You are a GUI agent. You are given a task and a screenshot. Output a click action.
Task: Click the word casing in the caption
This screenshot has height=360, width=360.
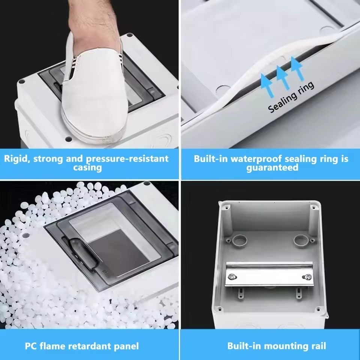click(x=87, y=167)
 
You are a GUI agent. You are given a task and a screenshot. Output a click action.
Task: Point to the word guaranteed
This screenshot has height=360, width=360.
click(x=272, y=167)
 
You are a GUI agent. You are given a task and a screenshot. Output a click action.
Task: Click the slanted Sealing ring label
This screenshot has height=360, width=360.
click(x=291, y=97)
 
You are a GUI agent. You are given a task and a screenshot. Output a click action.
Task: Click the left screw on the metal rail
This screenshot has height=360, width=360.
click(x=233, y=277)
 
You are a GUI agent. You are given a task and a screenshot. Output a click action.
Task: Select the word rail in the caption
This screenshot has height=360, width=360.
click(x=318, y=346)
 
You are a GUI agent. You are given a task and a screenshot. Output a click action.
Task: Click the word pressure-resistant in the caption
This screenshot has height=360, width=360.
click(x=127, y=159)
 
